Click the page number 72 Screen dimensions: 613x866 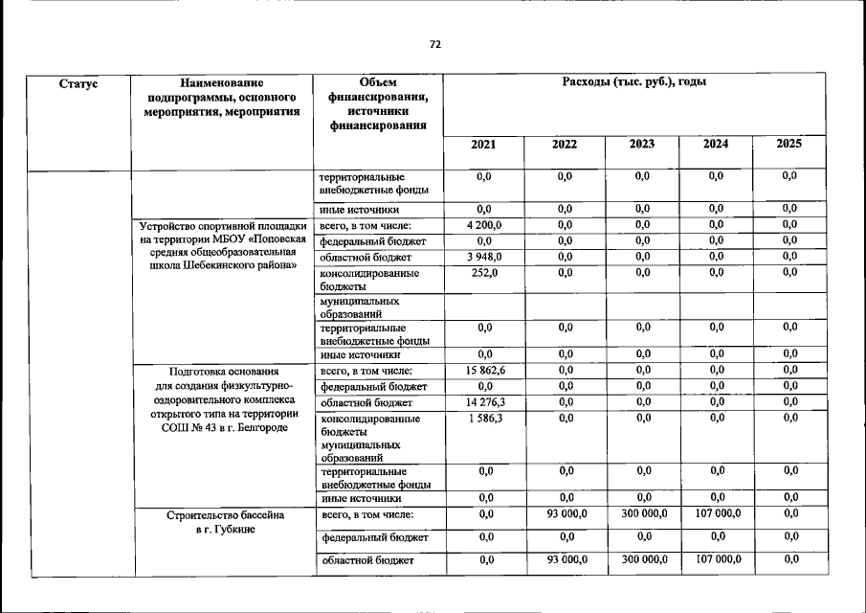(435, 45)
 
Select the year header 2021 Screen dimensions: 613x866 (484, 145)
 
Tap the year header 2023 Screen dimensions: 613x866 (641, 145)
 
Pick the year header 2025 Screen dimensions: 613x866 (789, 145)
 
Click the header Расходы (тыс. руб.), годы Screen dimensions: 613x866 (635, 84)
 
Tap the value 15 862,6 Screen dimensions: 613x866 (484, 371)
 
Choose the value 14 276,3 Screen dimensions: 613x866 (484, 402)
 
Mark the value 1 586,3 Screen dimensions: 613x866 (484, 419)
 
